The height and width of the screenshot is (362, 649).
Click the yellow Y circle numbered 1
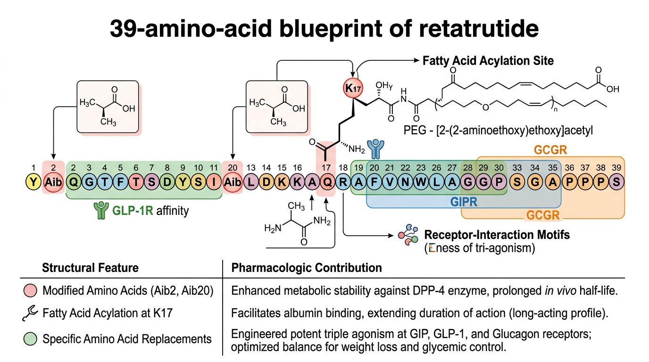click(x=33, y=182)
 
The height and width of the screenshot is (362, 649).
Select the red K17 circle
click(x=352, y=87)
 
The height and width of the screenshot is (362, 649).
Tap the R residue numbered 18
click(x=343, y=182)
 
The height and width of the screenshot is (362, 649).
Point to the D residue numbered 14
click(x=266, y=182)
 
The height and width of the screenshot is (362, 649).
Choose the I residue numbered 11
click(x=214, y=182)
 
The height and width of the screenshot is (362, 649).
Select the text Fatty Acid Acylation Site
click(x=488, y=61)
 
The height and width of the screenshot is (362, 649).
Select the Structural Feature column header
click(x=91, y=268)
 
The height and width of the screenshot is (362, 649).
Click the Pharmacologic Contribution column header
click(x=307, y=268)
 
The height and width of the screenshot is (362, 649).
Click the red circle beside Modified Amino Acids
click(x=30, y=291)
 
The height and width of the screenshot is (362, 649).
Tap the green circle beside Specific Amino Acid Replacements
click(x=30, y=338)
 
